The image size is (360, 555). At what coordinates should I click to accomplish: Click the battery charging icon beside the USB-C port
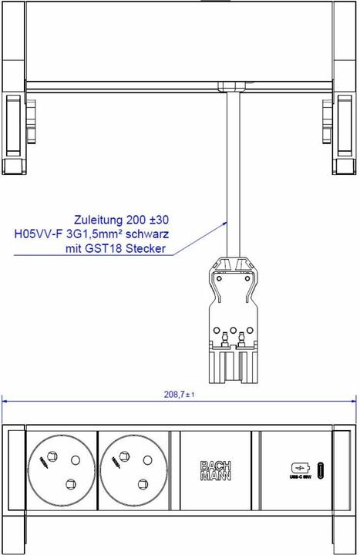(x=298, y=467)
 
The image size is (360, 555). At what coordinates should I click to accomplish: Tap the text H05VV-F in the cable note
(x=38, y=234)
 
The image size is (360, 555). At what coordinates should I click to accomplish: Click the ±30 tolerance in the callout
(x=157, y=218)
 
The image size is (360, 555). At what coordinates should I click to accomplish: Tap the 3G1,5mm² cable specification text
(x=102, y=234)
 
